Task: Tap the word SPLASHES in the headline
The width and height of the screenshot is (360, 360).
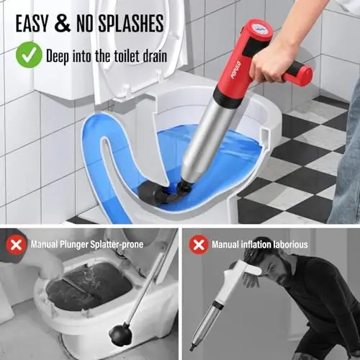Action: pyautogui.click(x=127, y=22)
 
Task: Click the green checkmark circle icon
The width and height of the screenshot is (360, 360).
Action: pyautogui.click(x=30, y=54)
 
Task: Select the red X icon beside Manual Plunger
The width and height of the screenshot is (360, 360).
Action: pyautogui.click(x=15, y=244)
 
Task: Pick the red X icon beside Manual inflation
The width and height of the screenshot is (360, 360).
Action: pyautogui.click(x=199, y=244)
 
